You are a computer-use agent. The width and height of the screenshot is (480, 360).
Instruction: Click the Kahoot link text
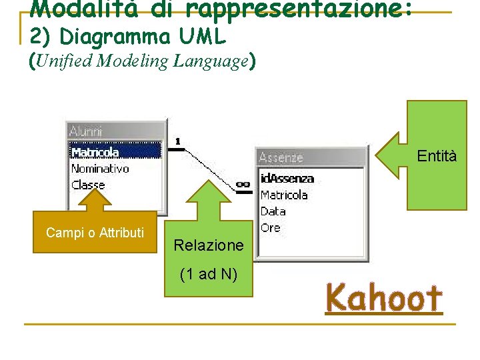click(x=383, y=298)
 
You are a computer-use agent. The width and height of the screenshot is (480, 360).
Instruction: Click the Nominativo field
click(x=100, y=169)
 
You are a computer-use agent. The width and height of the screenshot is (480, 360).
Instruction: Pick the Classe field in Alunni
click(x=88, y=185)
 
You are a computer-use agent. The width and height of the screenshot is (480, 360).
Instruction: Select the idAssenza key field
click(x=287, y=179)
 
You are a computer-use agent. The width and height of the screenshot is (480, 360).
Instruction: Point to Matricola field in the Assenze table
click(x=284, y=195)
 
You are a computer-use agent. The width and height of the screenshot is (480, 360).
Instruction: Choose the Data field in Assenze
click(x=273, y=211)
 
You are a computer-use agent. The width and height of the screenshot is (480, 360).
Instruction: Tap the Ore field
click(x=271, y=228)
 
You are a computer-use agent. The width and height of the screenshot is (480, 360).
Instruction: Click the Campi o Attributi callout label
click(x=95, y=233)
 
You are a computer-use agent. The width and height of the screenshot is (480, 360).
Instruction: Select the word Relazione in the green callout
click(x=209, y=245)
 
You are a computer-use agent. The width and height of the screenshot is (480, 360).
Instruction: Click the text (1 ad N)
click(x=209, y=274)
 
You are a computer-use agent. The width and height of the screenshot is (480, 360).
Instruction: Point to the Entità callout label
click(x=437, y=156)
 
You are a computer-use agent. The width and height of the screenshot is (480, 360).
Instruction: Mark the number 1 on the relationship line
click(x=178, y=141)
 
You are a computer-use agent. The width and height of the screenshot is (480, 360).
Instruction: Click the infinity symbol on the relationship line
click(x=243, y=184)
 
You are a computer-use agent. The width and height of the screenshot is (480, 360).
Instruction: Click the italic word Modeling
click(x=133, y=61)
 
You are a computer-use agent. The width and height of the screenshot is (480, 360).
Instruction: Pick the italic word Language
click(x=210, y=61)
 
